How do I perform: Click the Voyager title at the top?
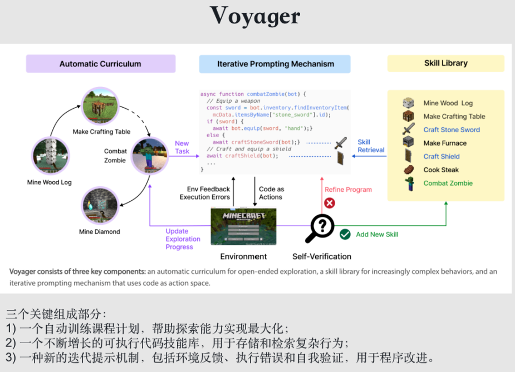click(x=256, y=16)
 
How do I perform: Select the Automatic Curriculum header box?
click(x=101, y=64)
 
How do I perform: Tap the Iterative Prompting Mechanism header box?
click(x=275, y=64)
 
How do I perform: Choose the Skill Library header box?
click(x=445, y=63)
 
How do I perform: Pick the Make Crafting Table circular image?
click(x=100, y=106)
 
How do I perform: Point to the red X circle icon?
click(x=330, y=203)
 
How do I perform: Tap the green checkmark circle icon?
click(x=345, y=234)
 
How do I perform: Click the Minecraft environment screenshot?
click(x=243, y=226)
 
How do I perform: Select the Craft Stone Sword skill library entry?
click(x=451, y=130)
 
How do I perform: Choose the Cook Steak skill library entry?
click(x=441, y=170)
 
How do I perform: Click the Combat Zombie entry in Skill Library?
click(x=448, y=183)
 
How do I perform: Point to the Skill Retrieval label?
click(x=371, y=146)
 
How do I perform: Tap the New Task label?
click(x=182, y=147)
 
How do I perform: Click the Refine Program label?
click(x=348, y=190)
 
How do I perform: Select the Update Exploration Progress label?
click(x=183, y=239)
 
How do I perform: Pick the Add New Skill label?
click(x=377, y=234)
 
